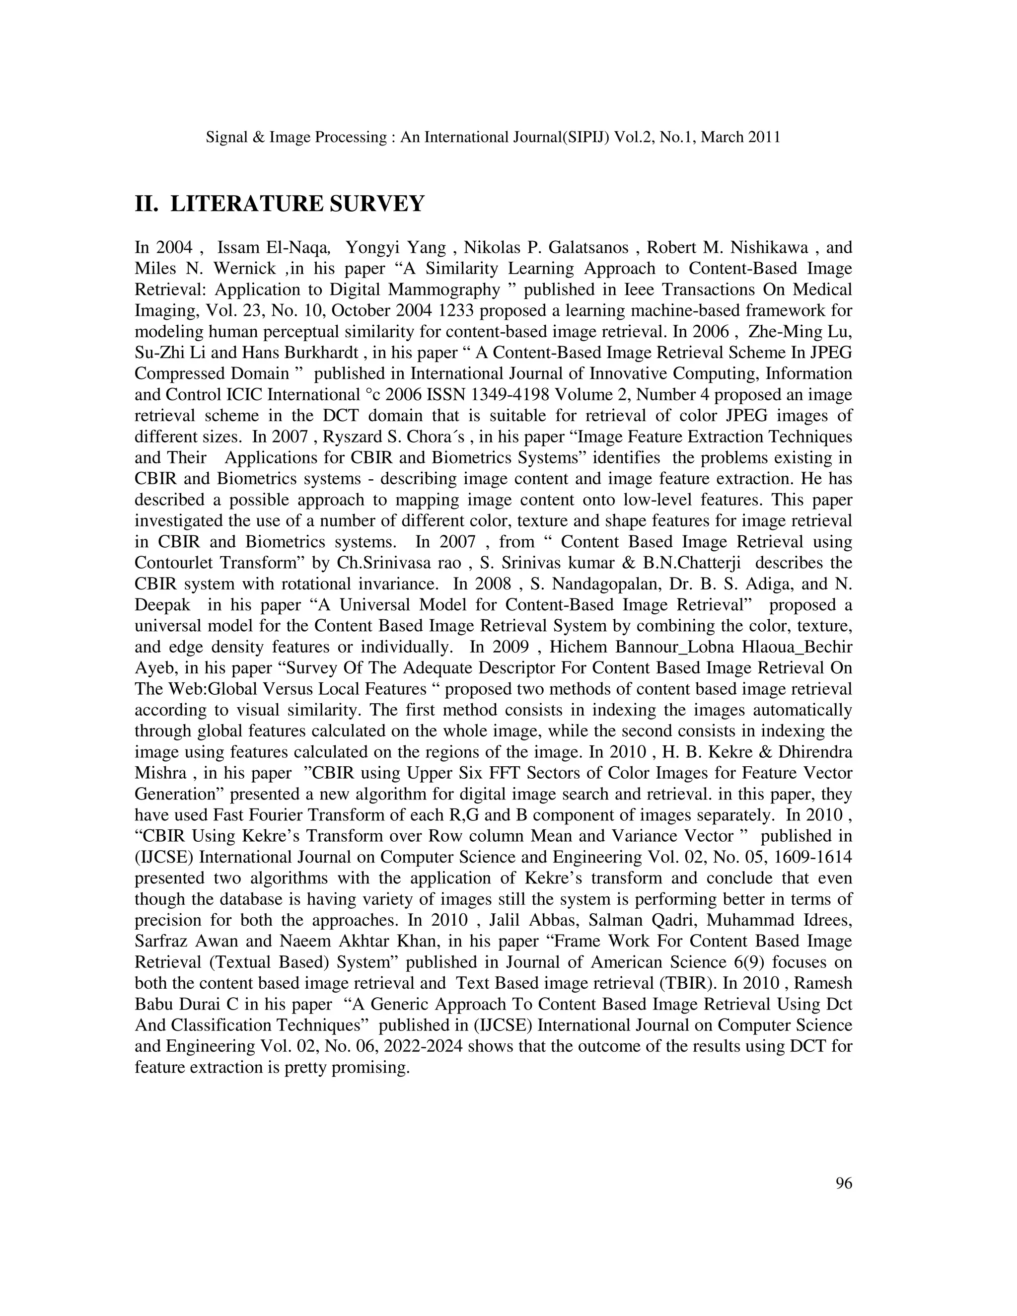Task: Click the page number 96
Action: tap(844, 1183)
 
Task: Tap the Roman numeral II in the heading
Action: tap(146, 204)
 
